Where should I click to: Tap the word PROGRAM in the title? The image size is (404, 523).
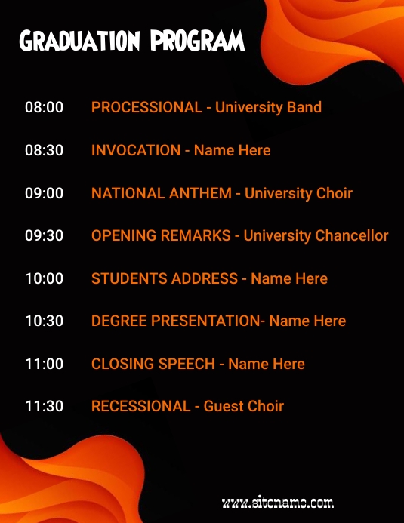198,41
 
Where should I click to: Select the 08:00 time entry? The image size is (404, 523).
44,107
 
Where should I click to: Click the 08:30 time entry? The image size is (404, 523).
44,150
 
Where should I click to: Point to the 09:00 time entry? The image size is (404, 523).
44,193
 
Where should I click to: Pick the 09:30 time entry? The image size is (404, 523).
44,235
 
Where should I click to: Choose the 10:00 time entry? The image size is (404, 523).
44,278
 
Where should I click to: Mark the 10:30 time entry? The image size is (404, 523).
44,321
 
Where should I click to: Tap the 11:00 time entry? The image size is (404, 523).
44,364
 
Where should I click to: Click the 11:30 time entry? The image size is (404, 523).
44,406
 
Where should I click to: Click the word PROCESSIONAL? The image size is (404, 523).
146,107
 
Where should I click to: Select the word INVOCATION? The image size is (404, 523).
136,150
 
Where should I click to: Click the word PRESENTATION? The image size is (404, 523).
205,321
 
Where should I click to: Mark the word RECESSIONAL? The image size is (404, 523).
140,406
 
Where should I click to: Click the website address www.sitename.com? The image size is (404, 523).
278,502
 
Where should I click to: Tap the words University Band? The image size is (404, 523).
268,107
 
